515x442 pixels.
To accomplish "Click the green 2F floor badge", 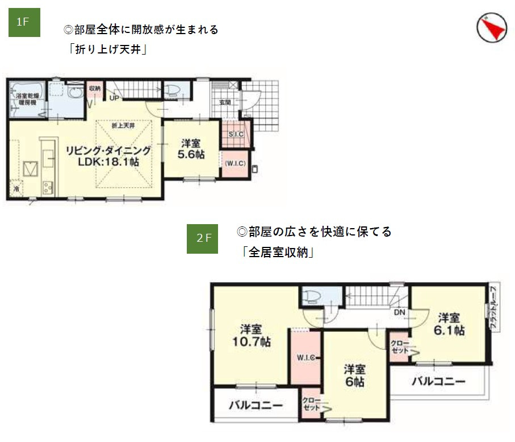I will click(x=203, y=238).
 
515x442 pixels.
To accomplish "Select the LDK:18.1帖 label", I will click(x=108, y=162).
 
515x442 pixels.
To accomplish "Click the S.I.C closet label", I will click(x=236, y=134).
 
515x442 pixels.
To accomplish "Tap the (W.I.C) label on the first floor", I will click(x=235, y=163).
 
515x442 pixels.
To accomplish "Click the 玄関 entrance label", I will click(x=225, y=103).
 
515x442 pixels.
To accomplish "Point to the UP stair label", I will click(x=114, y=98).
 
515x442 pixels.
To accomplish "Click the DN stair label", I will click(x=400, y=312).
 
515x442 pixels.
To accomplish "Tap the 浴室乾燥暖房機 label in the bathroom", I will click(x=26, y=99).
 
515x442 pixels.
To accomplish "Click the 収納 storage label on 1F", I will click(x=95, y=89).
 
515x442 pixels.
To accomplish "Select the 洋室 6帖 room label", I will click(x=354, y=375).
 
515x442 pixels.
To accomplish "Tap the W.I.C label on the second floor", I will click(x=307, y=358).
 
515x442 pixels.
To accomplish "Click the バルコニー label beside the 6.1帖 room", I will click(x=438, y=381).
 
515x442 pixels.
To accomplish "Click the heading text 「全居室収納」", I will click(x=278, y=253).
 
